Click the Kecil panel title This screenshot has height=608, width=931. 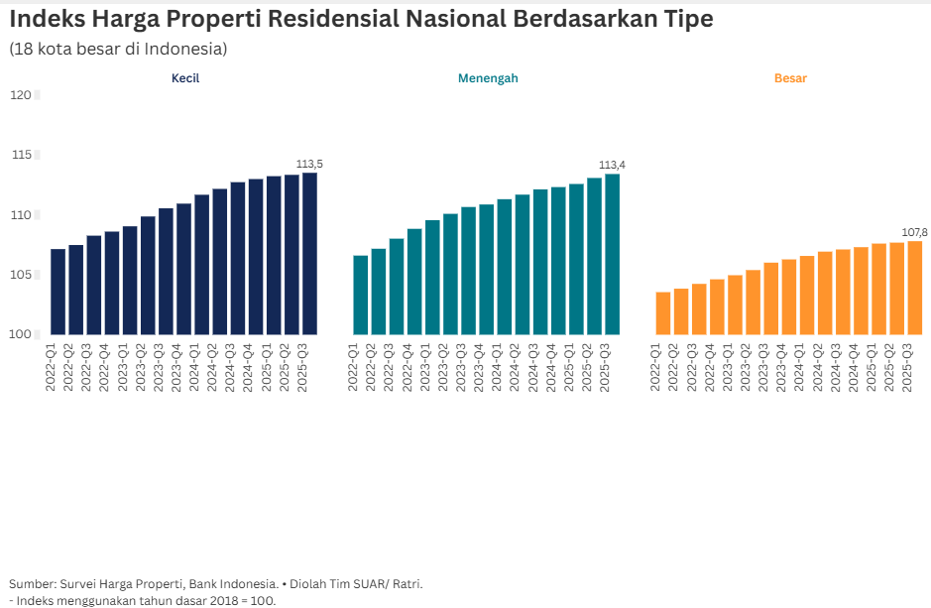point(185,78)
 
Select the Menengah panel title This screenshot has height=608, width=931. point(487,78)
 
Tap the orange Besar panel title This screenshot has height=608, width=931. point(790,78)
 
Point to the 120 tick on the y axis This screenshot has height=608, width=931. point(20,95)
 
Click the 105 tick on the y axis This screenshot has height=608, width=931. point(20,275)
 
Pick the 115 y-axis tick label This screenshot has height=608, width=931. point(20,155)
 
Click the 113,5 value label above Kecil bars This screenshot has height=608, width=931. point(309,164)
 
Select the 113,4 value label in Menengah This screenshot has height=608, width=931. point(612,165)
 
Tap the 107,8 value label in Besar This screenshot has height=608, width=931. point(914,232)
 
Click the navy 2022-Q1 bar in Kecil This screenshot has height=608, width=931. point(58,292)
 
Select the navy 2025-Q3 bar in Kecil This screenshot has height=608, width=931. point(309,254)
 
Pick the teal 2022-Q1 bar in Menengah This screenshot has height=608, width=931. point(360,295)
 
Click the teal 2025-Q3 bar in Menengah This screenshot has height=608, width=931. point(612,254)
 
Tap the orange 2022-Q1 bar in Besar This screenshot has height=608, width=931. point(662,313)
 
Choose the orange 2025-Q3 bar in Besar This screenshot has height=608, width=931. point(914,288)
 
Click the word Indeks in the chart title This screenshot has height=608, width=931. point(54,19)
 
